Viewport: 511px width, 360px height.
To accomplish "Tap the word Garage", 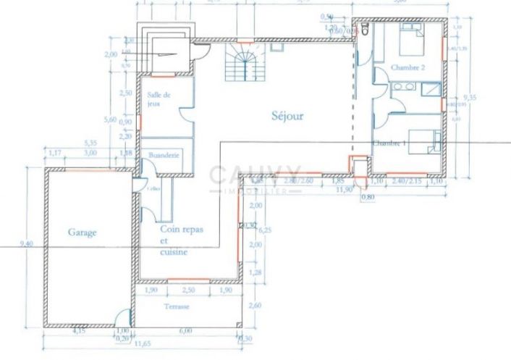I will [x=83, y=233].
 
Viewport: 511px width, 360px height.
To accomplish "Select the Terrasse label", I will [x=177, y=307].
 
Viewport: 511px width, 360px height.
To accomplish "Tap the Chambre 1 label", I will [x=389, y=144].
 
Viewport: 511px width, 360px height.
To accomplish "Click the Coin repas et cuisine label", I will [x=181, y=240].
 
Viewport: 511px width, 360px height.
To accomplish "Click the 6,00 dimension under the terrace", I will [x=186, y=331].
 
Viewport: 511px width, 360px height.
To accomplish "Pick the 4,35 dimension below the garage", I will [x=79, y=331].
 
